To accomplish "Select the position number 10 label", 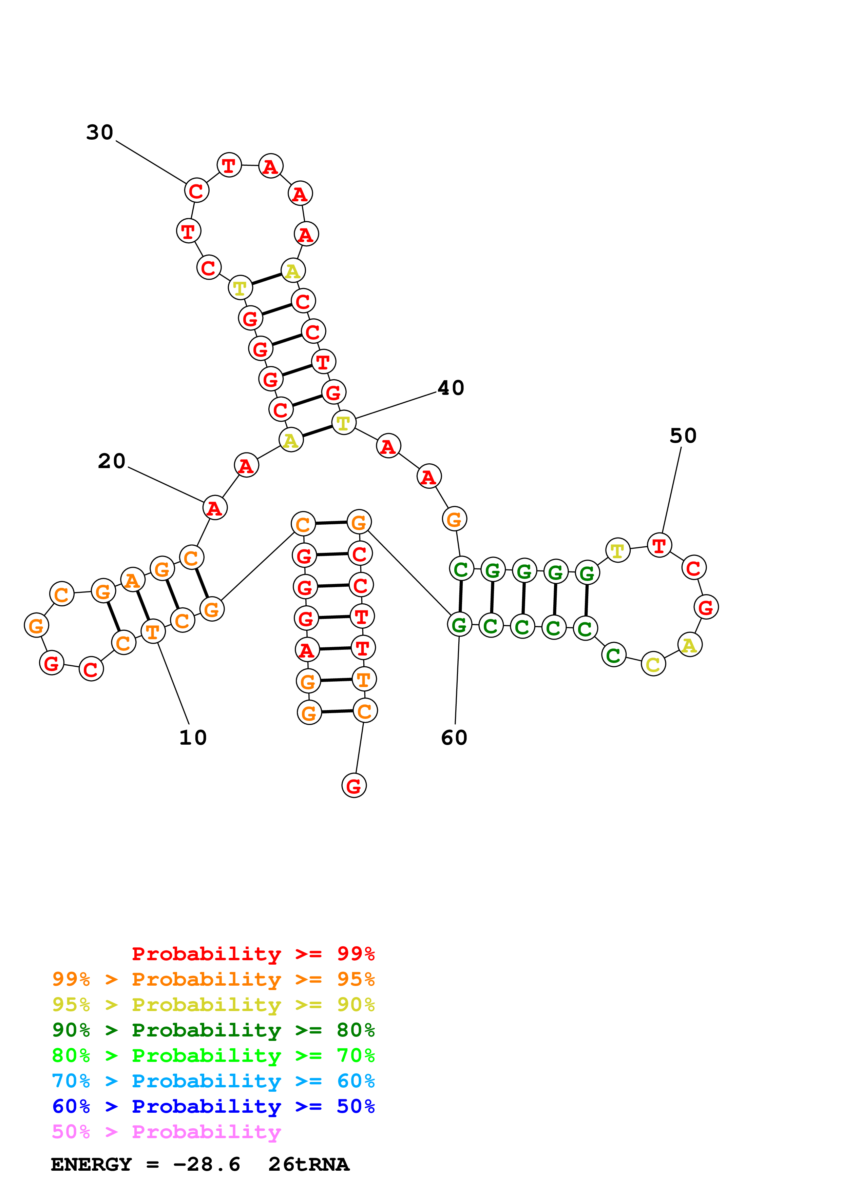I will click(x=193, y=738).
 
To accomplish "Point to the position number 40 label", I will click(x=451, y=388).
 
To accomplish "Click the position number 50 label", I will click(x=683, y=436).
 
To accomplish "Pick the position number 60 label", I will click(x=454, y=738).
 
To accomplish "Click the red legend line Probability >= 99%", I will click(x=253, y=953).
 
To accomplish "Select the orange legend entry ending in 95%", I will click(x=213, y=979).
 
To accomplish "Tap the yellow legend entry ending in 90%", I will click(x=213, y=1004).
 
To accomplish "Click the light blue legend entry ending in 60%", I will click(x=213, y=1081).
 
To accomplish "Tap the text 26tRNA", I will click(x=309, y=1164).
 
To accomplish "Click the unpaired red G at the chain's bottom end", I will click(x=354, y=786).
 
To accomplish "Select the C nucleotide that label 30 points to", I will click(x=196, y=190).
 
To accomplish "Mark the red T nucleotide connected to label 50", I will click(x=659, y=545).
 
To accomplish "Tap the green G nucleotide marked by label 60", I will click(x=459, y=625).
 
